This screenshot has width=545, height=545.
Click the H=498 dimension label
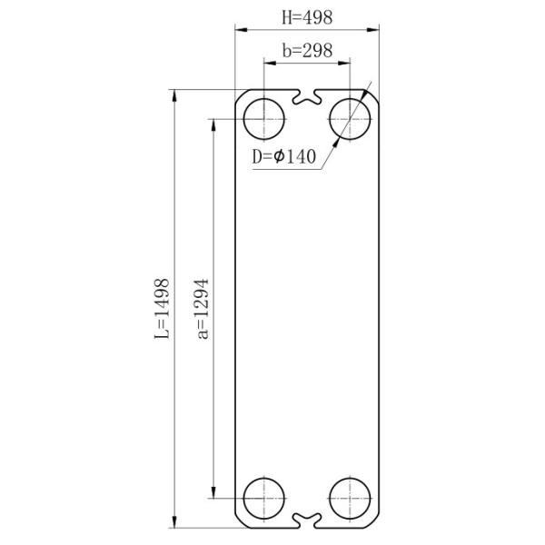point(308,17)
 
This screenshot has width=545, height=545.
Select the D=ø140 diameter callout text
point(283,157)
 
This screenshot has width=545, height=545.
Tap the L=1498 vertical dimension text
point(161,308)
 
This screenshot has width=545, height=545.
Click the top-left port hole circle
point(264,117)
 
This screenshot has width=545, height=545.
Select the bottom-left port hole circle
point(264,499)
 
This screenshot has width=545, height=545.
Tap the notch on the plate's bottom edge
point(308,521)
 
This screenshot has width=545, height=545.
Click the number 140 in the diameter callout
point(301,157)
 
